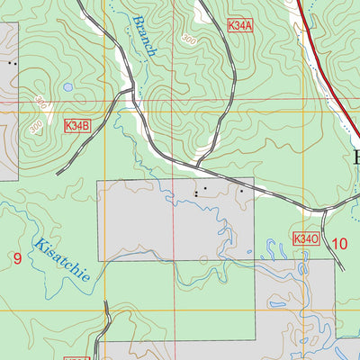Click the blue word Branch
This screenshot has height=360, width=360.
point(143,36)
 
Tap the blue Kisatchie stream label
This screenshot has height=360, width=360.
point(62,258)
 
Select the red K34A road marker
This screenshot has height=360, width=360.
point(240,27)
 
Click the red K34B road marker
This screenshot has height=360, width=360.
point(78,129)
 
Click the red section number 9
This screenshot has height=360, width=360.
point(17,258)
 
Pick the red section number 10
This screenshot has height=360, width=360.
point(339,242)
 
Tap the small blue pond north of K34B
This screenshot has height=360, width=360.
point(67,87)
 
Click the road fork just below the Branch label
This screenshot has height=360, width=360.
point(132,92)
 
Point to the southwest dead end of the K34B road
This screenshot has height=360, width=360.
point(58,173)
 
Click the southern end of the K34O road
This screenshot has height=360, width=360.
point(343,268)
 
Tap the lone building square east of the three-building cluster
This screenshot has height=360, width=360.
point(241,191)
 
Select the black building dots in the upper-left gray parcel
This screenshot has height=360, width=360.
point(12,63)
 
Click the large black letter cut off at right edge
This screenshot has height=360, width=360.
point(355,158)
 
